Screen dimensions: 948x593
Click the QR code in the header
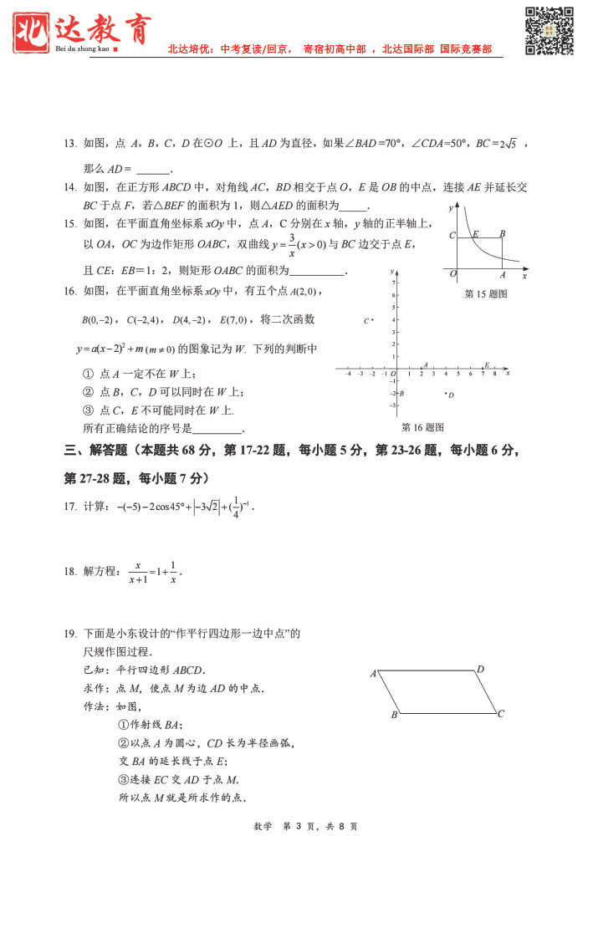(549, 31)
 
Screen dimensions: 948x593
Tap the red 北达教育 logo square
(33, 30)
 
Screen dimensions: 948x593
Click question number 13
(70, 144)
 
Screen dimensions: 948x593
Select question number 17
(70, 507)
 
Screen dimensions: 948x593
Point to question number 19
(70, 633)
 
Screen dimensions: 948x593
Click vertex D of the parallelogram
(480, 669)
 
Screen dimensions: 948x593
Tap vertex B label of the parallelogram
(394, 716)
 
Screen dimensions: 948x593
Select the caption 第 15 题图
(486, 294)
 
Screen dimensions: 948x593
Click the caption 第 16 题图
(422, 427)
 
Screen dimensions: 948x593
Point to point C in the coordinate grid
(368, 320)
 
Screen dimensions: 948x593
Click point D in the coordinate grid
(448, 394)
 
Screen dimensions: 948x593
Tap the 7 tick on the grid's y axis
(393, 283)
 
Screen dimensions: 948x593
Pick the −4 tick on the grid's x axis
(348, 374)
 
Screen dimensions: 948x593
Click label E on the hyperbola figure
(476, 234)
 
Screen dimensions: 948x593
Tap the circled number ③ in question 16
(87, 410)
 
